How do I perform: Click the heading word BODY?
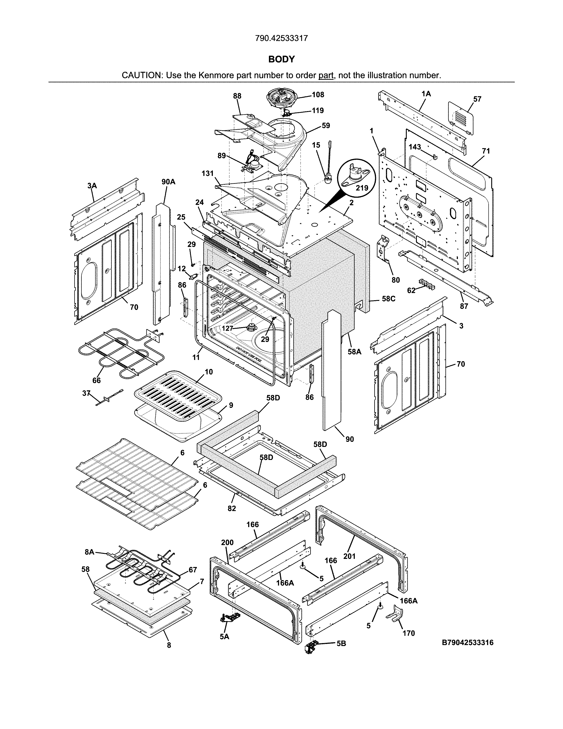pyautogui.click(x=281, y=59)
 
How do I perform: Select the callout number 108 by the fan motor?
pyautogui.click(x=318, y=95)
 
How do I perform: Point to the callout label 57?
pyautogui.click(x=477, y=99)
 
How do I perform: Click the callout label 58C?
pyautogui.click(x=389, y=299)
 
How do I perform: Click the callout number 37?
pyautogui.click(x=86, y=393)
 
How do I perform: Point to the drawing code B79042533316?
pyautogui.click(x=468, y=643)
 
